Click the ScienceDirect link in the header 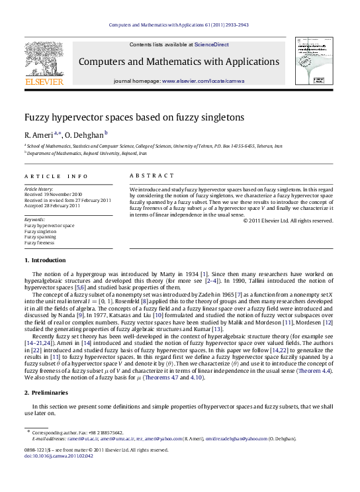click(x=213, y=44)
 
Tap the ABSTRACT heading click(x=152, y=176)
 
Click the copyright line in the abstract click(x=287, y=221)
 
